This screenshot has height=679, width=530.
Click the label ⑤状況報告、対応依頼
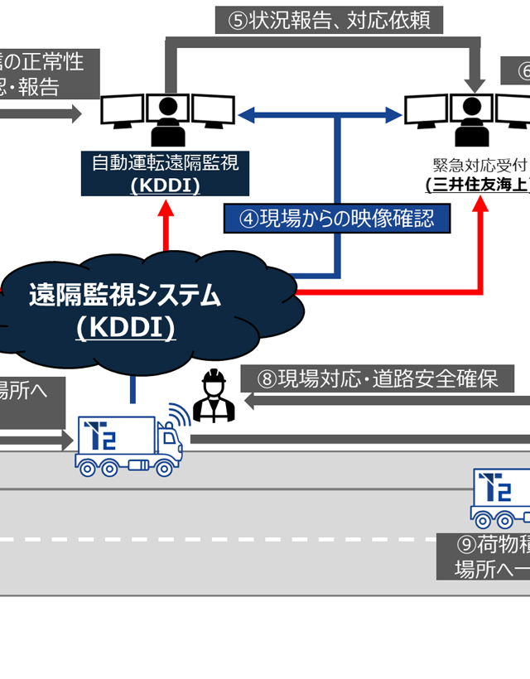point(329,21)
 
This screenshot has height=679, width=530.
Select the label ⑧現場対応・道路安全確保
point(378,380)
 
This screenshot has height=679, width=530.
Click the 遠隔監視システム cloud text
point(125,296)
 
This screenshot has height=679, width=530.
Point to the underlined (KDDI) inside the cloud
point(125,328)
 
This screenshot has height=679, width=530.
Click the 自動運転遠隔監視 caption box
point(165,172)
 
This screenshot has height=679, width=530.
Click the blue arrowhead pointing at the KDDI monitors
point(247,114)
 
